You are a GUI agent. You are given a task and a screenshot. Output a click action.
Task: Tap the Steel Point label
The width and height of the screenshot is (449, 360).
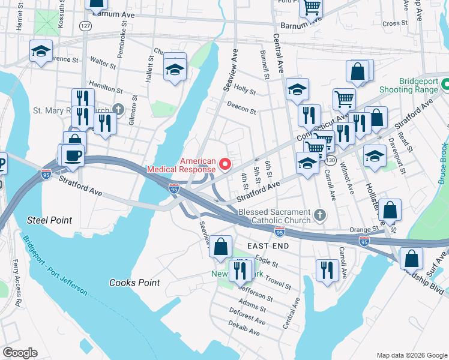[x=49, y=221]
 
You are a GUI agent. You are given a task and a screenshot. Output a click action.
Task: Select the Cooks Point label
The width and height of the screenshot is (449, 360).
[x=134, y=283]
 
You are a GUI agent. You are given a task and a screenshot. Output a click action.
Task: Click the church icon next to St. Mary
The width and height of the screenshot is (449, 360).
[x=119, y=110]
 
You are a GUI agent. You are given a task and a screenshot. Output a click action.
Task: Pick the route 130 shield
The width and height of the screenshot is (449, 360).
[x=330, y=160]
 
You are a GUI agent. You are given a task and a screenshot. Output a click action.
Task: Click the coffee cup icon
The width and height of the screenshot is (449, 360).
[x=73, y=154]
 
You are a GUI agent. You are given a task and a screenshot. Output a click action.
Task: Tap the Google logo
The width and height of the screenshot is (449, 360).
[x=20, y=353]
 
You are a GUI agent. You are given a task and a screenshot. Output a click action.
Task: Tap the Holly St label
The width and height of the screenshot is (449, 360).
[x=245, y=91]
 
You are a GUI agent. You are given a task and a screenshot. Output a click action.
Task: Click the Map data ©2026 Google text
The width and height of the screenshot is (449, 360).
[x=411, y=355]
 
